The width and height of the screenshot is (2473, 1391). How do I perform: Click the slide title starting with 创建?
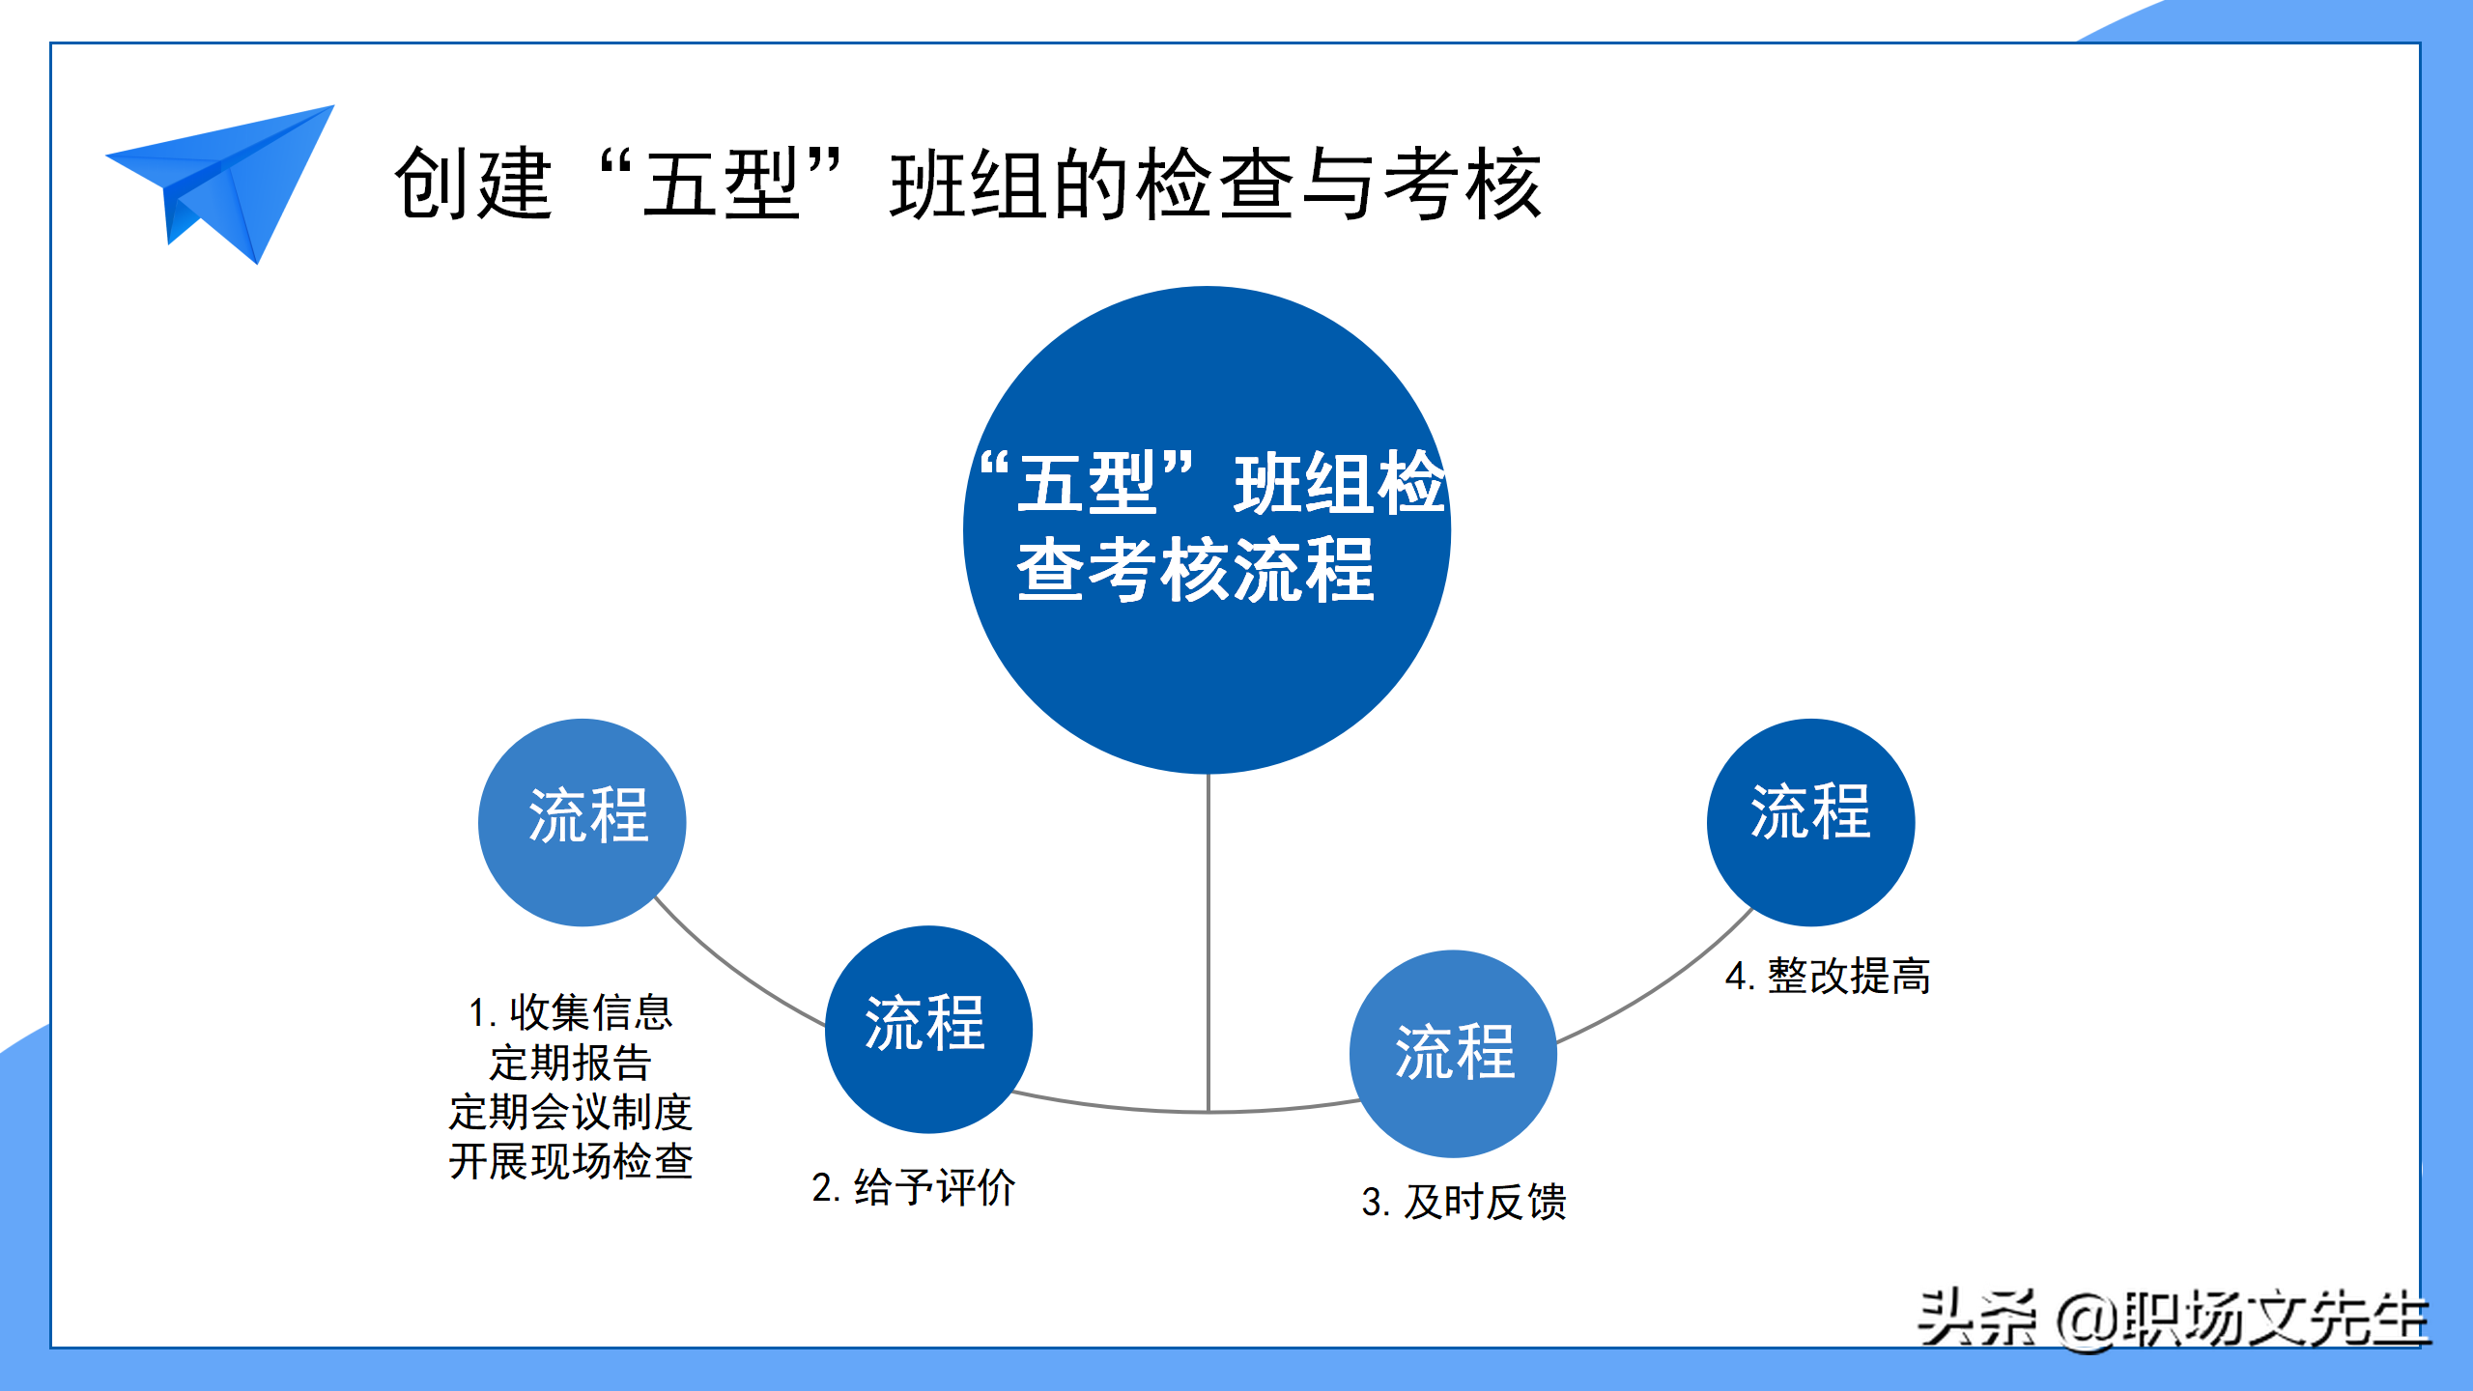(967, 184)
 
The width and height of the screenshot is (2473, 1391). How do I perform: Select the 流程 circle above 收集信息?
(583, 822)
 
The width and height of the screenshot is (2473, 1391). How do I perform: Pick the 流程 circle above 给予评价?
(928, 1030)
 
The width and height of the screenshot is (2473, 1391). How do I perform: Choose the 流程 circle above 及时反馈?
(1453, 1054)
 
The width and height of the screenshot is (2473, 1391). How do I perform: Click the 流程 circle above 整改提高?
(1810, 822)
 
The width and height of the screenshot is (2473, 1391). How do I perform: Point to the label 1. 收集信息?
(571, 1012)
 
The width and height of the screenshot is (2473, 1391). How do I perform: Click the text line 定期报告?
(571, 1063)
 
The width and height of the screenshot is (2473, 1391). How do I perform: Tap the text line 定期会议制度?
(571, 1112)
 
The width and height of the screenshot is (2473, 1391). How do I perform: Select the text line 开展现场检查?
(571, 1161)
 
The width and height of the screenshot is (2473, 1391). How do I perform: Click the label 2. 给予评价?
(914, 1187)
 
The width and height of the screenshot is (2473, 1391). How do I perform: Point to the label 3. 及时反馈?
(1464, 1202)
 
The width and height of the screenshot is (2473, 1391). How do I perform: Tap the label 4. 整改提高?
(1828, 976)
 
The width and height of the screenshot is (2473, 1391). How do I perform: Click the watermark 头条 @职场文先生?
(2174, 1319)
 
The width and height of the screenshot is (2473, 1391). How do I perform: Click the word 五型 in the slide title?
(721, 184)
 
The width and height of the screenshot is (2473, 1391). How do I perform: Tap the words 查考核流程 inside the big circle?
(1196, 570)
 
